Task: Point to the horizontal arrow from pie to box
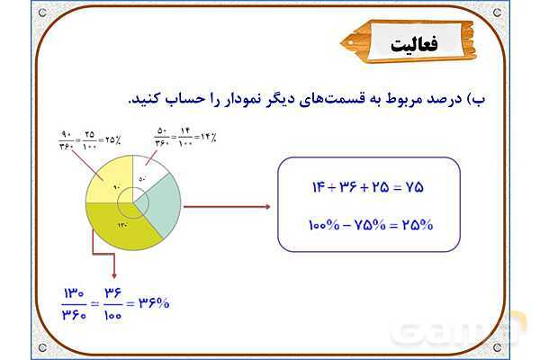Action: pyautogui.click(x=226, y=206)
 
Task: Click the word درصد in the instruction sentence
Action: pyautogui.click(x=447, y=97)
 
